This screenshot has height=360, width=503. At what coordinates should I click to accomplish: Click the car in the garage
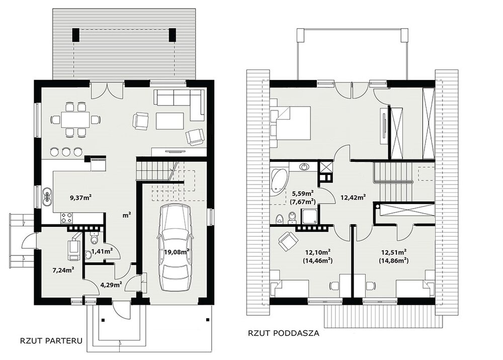(x=175, y=248)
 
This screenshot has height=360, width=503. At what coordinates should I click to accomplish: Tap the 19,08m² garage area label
(x=176, y=252)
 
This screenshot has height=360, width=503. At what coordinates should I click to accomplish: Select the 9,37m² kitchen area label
(x=81, y=198)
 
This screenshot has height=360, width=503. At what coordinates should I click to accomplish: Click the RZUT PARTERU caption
(x=51, y=340)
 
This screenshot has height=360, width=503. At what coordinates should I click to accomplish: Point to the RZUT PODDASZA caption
(x=284, y=333)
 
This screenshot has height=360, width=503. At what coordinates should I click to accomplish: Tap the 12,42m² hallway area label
(x=354, y=198)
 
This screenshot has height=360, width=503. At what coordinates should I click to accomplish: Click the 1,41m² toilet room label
(x=102, y=251)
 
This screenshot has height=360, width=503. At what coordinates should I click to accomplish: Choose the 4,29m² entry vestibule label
(x=111, y=285)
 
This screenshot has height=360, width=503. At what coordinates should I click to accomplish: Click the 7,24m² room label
(x=63, y=270)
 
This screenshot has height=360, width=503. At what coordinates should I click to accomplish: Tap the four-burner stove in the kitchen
(x=66, y=218)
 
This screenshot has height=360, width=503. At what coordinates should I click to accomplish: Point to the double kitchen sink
(x=47, y=196)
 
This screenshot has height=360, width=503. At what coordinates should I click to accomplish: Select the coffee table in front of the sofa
(x=170, y=121)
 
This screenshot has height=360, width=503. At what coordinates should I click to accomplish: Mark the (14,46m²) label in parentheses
(x=317, y=260)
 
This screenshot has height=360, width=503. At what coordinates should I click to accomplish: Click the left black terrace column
(x=76, y=35)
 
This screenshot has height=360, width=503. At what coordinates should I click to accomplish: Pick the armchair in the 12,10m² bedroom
(x=287, y=241)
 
